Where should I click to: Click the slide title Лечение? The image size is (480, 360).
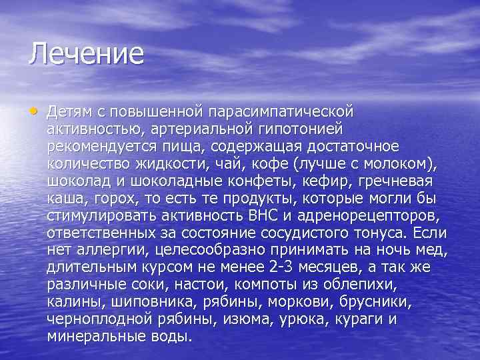tap(86, 54)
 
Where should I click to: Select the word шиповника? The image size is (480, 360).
tap(146, 301)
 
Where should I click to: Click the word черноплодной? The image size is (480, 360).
tap(102, 319)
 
